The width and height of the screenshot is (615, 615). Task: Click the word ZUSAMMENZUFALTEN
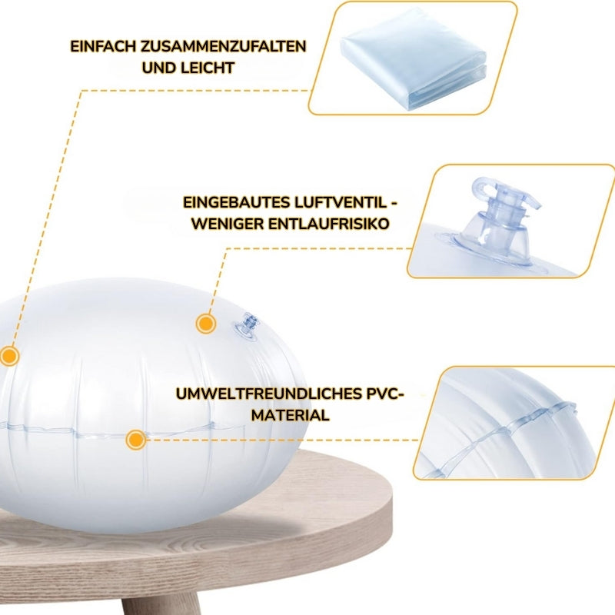tap(223, 46)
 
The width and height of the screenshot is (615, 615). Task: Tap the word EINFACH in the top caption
tap(103, 46)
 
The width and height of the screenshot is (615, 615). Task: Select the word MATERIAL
tap(291, 415)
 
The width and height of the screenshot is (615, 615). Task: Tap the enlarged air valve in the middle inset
tap(495, 224)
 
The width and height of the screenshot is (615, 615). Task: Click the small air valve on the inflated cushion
tap(245, 327)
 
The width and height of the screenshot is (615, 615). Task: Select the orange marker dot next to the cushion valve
tap(206, 324)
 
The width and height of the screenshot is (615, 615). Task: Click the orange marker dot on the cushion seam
tap(136, 440)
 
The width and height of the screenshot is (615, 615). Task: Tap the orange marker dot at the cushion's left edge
tap(8, 356)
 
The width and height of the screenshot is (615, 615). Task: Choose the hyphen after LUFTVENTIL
tap(394, 204)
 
